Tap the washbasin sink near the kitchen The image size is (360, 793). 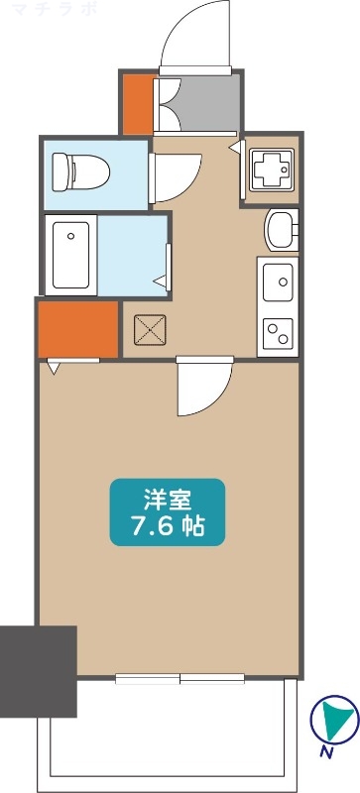click(x=281, y=229)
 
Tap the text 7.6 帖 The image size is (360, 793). click(x=167, y=525)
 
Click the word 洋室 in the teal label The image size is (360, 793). click(x=167, y=498)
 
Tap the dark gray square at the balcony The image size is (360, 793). click(x=38, y=671)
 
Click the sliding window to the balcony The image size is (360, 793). click(x=180, y=679)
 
